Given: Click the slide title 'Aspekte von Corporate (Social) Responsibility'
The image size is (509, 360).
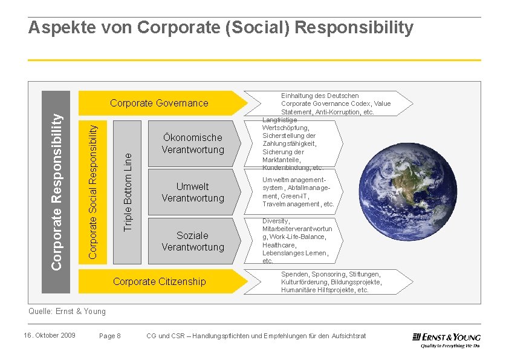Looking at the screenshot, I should pos(221,28).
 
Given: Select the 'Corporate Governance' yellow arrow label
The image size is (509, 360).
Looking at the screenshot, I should pos(159,103).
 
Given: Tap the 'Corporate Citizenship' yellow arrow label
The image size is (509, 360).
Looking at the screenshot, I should pos(159,281).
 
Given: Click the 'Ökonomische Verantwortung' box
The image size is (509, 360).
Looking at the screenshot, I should pos(192,143).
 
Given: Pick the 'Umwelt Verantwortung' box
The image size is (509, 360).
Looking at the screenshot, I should pos(192,192).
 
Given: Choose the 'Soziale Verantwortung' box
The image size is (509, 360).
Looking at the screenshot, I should pos(192,241).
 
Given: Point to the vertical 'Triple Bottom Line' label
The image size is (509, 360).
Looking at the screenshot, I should pos(127,191).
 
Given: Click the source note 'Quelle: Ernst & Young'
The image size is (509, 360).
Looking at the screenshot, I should pos(67,312).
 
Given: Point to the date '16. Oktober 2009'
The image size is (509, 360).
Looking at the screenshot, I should pos(50,335).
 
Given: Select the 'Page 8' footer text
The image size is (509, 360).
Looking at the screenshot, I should pos(110,336).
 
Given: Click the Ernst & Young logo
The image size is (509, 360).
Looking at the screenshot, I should pos(446,340).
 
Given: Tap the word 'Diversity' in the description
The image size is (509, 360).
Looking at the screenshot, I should pos(276,221).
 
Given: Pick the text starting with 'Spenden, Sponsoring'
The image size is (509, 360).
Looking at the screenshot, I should pos(331,282).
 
